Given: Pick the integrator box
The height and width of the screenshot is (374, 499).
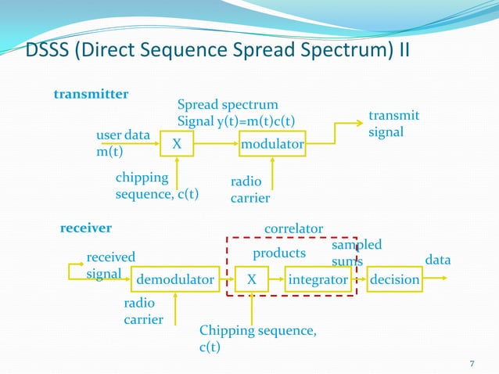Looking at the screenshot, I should [x=318, y=279].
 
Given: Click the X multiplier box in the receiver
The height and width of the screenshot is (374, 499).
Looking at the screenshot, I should [x=251, y=279].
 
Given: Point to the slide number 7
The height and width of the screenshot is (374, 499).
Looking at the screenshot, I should [x=472, y=364].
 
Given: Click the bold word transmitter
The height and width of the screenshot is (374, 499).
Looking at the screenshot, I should [x=91, y=95].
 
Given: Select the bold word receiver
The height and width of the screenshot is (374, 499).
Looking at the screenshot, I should [x=86, y=228].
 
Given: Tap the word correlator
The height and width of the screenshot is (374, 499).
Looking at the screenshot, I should [x=294, y=228].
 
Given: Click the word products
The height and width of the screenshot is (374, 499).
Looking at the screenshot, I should [x=279, y=254].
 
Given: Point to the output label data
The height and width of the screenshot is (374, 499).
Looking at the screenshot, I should [x=437, y=259].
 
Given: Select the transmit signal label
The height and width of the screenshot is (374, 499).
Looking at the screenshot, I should [x=393, y=124].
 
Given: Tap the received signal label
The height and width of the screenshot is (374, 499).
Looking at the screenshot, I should [x=109, y=264].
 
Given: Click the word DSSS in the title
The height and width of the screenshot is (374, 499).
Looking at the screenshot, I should [x=49, y=52].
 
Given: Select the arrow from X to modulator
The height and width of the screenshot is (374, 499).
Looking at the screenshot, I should [x=218, y=144].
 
